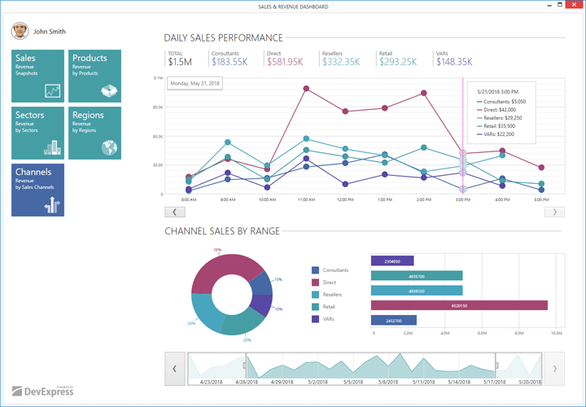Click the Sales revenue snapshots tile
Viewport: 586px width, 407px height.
(37, 76)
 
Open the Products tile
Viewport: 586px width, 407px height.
(94, 76)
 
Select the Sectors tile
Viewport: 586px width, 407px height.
(37, 133)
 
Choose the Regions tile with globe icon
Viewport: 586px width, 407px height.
(94, 133)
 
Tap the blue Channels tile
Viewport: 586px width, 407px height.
(37, 190)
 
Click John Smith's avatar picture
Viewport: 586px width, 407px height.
(20, 32)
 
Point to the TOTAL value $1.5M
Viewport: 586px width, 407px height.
(180, 62)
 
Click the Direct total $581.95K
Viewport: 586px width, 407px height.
(285, 62)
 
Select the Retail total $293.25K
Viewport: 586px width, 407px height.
(398, 62)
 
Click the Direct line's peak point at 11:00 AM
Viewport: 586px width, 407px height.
(306, 88)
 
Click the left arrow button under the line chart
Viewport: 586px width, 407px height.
(175, 212)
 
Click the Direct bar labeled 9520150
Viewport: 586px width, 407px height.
(459, 305)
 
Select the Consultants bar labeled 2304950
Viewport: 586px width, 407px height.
(392, 261)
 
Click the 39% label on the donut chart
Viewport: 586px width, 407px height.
(217, 250)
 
